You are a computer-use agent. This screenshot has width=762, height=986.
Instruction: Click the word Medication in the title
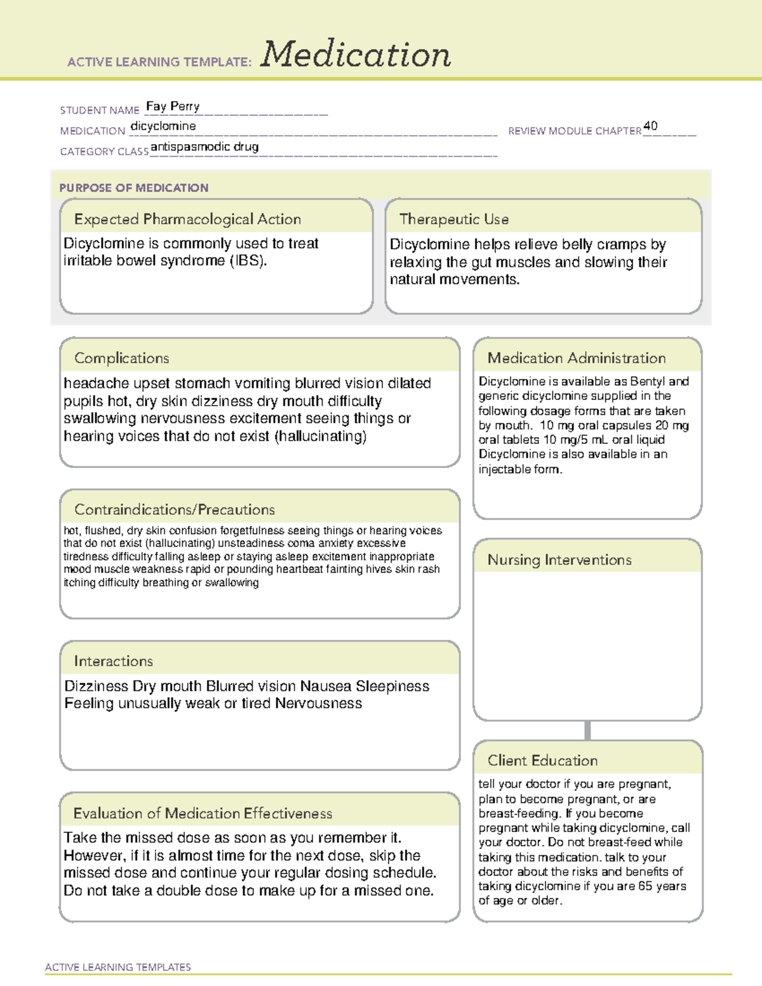click(x=356, y=55)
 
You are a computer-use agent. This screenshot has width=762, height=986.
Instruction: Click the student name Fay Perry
click(x=173, y=106)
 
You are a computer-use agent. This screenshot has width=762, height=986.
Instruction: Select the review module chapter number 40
click(x=650, y=126)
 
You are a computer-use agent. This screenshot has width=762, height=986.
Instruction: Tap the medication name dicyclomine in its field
click(x=163, y=126)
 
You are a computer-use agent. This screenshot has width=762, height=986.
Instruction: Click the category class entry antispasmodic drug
click(x=204, y=147)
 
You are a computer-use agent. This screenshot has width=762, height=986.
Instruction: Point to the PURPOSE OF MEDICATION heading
click(x=133, y=188)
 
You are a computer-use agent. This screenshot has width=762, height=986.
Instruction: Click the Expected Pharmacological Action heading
click(x=187, y=219)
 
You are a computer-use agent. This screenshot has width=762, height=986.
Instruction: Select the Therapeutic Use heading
click(x=454, y=219)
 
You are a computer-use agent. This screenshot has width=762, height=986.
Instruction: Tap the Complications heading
click(x=122, y=358)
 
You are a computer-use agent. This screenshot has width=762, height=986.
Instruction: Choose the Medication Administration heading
click(x=577, y=358)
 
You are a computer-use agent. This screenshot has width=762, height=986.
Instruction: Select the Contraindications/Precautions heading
click(x=175, y=510)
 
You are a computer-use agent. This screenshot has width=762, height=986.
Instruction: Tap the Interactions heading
click(x=114, y=662)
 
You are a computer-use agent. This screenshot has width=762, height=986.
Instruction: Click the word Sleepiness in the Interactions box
click(x=392, y=686)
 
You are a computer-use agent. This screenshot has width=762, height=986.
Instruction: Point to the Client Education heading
click(x=542, y=761)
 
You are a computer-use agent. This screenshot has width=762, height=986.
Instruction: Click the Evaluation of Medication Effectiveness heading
click(x=203, y=813)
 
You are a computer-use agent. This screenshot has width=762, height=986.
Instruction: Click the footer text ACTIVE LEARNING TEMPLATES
click(x=118, y=967)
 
